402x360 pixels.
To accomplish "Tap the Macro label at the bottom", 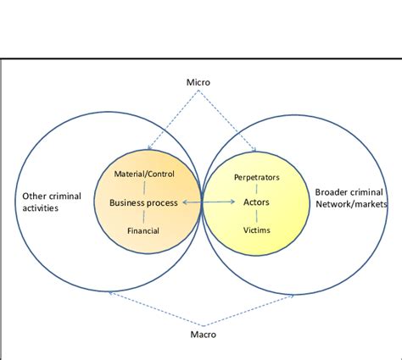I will click(x=202, y=335).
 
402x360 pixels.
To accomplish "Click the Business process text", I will click(x=143, y=202).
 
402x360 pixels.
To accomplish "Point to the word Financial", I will click(x=143, y=230).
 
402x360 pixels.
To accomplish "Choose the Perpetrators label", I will click(x=256, y=177).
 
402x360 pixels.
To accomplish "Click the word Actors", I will click(x=256, y=202).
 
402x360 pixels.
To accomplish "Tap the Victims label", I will click(x=256, y=230).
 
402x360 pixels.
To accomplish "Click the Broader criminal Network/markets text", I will click(x=350, y=197).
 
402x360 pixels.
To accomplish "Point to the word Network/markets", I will click(x=351, y=204).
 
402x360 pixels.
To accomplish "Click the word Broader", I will click(x=333, y=191).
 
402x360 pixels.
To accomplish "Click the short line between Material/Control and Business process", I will click(x=143, y=188).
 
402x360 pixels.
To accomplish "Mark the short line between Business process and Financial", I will click(x=143, y=217).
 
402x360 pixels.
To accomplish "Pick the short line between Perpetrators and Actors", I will click(x=256, y=190).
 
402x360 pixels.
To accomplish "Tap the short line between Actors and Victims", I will click(x=256, y=216).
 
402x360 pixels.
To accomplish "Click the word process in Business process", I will click(x=161, y=203).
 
